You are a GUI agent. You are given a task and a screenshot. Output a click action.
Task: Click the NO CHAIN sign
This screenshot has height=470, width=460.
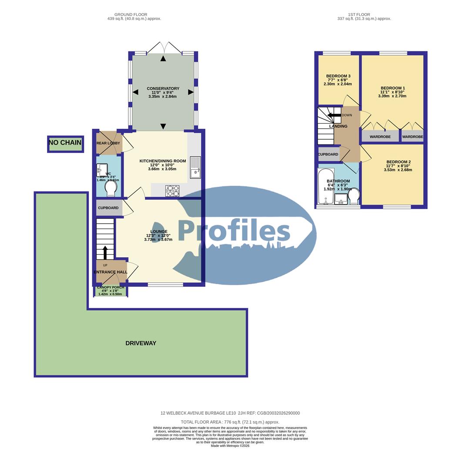pyautogui.click(x=65, y=143)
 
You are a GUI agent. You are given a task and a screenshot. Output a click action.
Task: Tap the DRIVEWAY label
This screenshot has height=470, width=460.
pyautogui.click(x=141, y=343)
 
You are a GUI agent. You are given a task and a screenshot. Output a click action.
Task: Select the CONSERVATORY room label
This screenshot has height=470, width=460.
pyautogui.click(x=163, y=89)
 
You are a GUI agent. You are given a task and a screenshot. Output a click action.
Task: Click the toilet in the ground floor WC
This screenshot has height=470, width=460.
pyautogui.click(x=111, y=188)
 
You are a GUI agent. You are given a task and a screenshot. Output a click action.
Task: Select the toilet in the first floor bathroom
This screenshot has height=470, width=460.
pyautogui.click(x=355, y=196)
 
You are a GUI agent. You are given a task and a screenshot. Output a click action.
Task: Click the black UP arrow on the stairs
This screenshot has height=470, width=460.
pyautogui.click(x=104, y=251)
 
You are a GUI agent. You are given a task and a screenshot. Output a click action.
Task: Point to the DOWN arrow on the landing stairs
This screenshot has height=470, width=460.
pyautogui.click(x=334, y=115)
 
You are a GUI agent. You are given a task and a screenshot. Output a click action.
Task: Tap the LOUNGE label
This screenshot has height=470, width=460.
pyautogui.click(x=159, y=232)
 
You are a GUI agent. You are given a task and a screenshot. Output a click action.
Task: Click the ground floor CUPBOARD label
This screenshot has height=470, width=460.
pyautogui.click(x=108, y=208)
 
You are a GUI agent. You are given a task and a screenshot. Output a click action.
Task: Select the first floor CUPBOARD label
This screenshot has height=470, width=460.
pyautogui.click(x=328, y=154)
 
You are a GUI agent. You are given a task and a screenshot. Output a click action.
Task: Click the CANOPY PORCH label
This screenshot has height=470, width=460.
pyautogui.click(x=111, y=288)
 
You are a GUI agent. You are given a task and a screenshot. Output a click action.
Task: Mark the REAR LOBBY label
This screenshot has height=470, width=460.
pyautogui.click(x=108, y=143)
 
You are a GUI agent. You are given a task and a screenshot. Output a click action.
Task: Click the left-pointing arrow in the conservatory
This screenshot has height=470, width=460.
pyautogui.click(x=135, y=92)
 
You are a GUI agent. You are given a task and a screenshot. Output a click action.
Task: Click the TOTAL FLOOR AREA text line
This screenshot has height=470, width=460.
pyautogui.click(x=230, y=422)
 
